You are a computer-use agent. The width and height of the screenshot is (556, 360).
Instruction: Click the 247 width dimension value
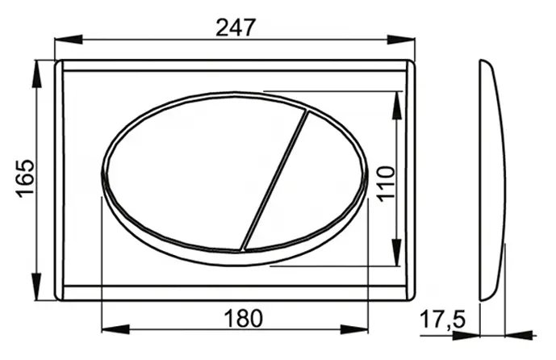(x=236, y=27)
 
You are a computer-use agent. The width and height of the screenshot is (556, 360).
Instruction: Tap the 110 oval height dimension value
(x=384, y=183)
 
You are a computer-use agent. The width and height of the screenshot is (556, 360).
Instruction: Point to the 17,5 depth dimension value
(x=442, y=320)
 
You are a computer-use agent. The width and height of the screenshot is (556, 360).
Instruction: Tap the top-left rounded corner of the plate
(x=61, y=65)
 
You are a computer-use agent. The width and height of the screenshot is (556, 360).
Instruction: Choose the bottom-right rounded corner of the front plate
(x=409, y=295)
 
